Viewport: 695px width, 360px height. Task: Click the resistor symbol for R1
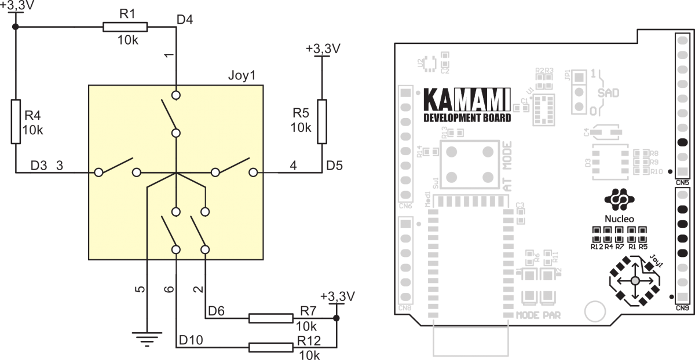click(x=125, y=27)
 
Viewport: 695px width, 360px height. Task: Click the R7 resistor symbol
click(x=270, y=318)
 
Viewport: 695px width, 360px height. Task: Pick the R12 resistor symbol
click(x=270, y=347)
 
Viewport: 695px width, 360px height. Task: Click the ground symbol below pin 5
click(x=147, y=337)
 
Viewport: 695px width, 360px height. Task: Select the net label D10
click(x=191, y=339)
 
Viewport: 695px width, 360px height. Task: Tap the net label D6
click(x=216, y=310)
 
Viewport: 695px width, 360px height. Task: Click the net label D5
click(x=334, y=166)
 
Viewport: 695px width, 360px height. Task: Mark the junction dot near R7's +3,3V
click(x=336, y=318)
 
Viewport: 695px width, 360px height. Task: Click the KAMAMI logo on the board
click(x=466, y=100)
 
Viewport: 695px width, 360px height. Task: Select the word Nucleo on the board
click(x=619, y=219)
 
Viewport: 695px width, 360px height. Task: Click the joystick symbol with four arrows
click(x=634, y=281)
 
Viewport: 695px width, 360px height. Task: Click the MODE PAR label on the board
click(x=538, y=315)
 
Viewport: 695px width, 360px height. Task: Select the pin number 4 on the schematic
click(x=293, y=166)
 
